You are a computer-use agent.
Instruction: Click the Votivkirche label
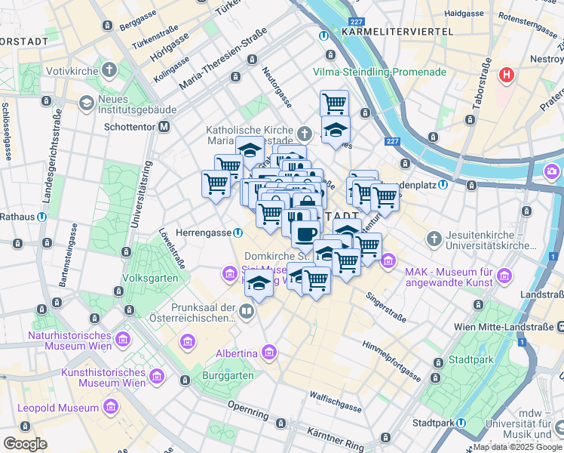point(75,72)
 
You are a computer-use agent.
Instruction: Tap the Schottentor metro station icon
point(164,128)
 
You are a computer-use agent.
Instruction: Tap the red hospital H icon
point(507,75)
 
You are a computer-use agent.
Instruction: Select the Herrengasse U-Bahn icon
point(238,233)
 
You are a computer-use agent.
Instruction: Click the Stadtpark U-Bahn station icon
point(460,423)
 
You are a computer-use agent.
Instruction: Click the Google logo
point(25,444)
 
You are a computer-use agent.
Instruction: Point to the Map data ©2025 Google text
point(517,447)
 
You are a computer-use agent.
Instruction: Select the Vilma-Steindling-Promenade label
point(380,72)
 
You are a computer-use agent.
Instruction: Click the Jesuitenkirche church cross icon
point(434,239)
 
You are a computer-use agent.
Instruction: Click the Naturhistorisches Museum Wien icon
point(17,335)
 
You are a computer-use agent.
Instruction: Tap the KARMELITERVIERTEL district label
point(397,32)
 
